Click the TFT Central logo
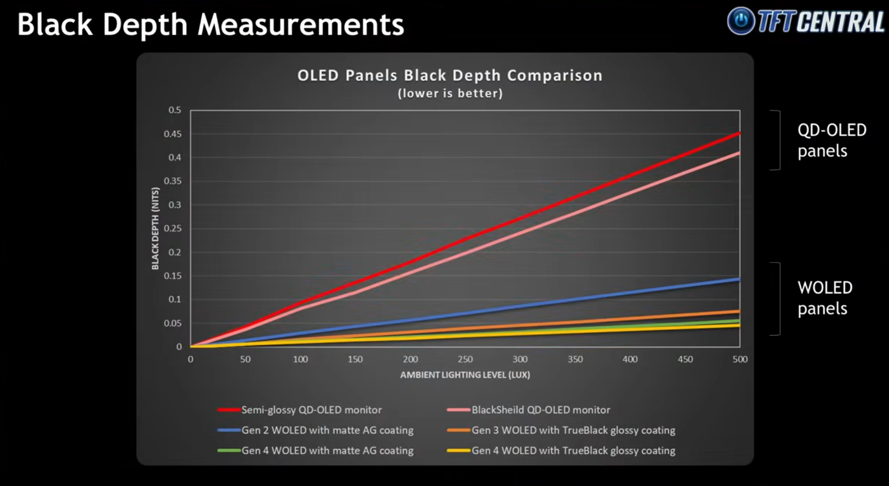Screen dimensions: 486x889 pos(805,21)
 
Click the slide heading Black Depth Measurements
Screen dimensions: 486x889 pos(211,24)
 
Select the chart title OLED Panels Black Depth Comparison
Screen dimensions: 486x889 pos(450,75)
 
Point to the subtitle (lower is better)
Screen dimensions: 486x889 pos(450,93)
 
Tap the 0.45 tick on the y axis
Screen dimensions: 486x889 pos(172,134)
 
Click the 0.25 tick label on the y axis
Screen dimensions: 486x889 pos(172,228)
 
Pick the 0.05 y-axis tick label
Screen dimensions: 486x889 pos(172,323)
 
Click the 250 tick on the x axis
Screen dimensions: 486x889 pos(465,359)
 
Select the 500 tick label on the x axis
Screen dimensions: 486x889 pos(740,359)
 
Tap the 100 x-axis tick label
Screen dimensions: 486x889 pos(300,359)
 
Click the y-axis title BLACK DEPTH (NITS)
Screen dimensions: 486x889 pos(155,228)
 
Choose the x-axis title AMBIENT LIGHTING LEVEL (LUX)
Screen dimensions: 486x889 pos(465,375)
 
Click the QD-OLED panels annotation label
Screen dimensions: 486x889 pos(832,140)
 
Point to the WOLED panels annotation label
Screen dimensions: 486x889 pos(825,298)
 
